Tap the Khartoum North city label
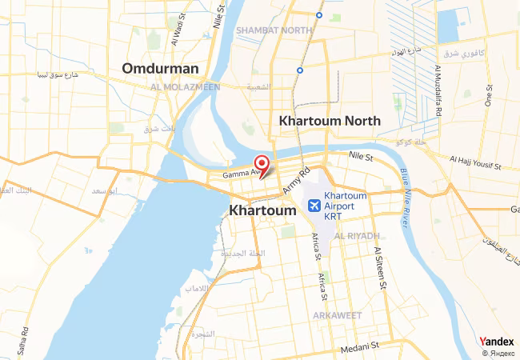pos(328,120)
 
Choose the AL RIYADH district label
pos(357,236)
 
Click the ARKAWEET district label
pos(338,315)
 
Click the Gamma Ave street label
pos(240,173)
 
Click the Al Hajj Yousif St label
pos(474,163)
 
